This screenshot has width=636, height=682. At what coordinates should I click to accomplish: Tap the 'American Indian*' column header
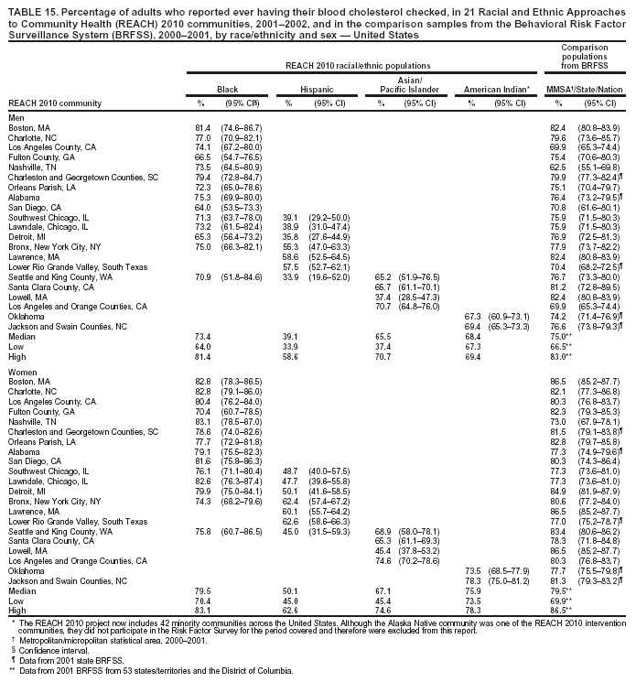pyautogui.click(x=499, y=90)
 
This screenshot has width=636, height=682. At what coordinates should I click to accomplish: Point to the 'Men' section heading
pyautogui.click(x=16, y=118)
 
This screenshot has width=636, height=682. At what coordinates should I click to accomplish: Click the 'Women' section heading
pyautogui.click(x=22, y=373)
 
